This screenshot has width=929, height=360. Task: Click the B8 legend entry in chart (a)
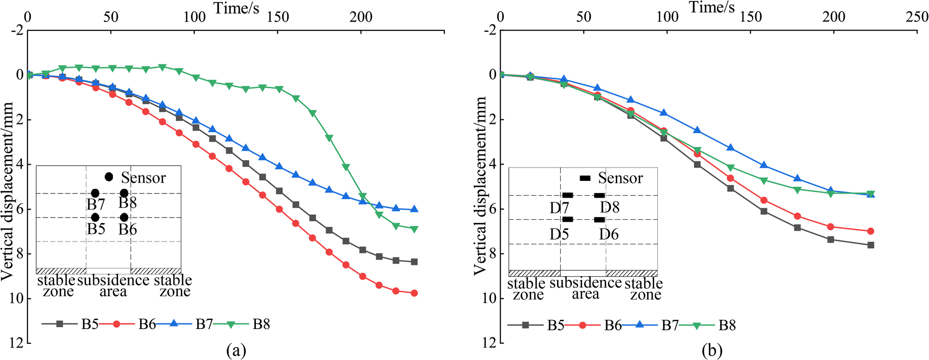(261, 324)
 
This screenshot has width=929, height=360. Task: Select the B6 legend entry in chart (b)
(613, 326)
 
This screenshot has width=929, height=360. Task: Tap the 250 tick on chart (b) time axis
(918, 17)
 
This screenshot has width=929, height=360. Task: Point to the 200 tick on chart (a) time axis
(361, 17)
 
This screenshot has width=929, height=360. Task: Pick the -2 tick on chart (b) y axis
(490, 31)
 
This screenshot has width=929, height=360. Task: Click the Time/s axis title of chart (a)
(236, 8)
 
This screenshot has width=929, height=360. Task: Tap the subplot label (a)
(236, 351)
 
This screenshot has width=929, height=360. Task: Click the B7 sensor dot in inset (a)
(95, 193)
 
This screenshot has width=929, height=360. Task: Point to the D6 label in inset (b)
(608, 235)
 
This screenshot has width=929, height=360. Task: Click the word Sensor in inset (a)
(143, 178)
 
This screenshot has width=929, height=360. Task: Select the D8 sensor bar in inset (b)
(599, 195)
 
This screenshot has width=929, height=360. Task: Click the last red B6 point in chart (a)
(414, 293)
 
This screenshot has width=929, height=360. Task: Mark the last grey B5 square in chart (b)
(871, 245)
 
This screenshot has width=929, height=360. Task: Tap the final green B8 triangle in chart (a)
(414, 229)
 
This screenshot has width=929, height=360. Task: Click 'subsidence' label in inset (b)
(585, 283)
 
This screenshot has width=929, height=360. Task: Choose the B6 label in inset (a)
(128, 230)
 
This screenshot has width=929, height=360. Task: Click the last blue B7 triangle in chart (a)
(414, 209)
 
